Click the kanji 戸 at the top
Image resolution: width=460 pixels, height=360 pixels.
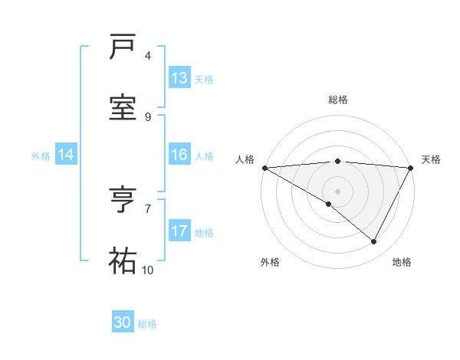tap(123, 47)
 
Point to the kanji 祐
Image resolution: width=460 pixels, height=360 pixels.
tap(123, 261)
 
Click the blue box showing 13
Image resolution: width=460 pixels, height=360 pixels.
tap(179, 78)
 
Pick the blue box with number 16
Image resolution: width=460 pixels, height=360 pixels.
tap(179, 155)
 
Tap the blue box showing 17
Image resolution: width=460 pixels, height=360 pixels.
tap(179, 231)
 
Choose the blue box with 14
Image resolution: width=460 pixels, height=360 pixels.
tap(66, 155)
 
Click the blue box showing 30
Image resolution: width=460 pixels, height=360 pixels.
tap(123, 322)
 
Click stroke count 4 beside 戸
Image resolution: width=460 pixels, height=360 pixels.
tap(148, 56)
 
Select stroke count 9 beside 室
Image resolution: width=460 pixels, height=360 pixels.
tap(148, 116)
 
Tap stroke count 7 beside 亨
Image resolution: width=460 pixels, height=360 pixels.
tap(148, 208)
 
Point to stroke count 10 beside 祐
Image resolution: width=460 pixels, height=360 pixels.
tap(148, 270)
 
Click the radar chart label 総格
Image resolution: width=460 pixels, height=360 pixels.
tap(337, 100)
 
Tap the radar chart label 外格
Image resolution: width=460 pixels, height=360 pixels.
tap(270, 262)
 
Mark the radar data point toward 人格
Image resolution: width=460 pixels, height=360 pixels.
tap(264, 168)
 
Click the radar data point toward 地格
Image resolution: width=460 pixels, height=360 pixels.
tap(374, 242)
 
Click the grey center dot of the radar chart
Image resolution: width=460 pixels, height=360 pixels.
tap(337, 191)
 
